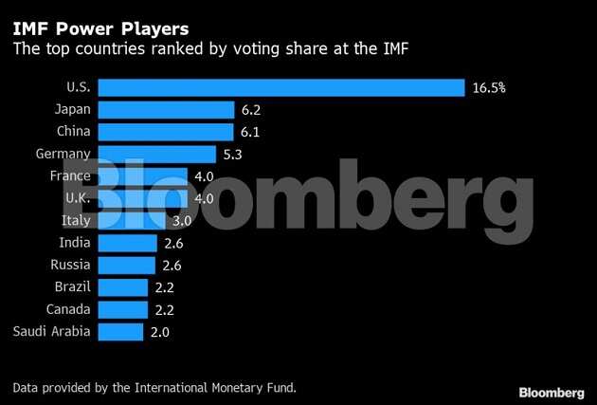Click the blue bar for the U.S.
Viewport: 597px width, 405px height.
[281, 87]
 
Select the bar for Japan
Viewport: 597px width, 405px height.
[166, 109]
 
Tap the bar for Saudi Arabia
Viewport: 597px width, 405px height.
[120, 331]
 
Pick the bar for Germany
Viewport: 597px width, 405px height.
[157, 154]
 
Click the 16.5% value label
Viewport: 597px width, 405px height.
[489, 87]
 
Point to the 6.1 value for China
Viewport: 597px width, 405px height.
[250, 132]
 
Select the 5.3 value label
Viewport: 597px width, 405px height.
[233, 154]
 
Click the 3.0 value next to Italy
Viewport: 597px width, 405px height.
[181, 220]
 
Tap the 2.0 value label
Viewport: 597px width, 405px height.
[159, 331]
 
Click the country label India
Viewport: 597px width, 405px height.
[75, 243]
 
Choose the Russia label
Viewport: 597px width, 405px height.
[71, 265]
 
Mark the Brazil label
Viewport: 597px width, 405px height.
[73, 286]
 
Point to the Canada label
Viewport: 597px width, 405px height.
[69, 309]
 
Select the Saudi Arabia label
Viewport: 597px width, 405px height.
[52, 331]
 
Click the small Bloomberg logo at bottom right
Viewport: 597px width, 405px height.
[552, 392]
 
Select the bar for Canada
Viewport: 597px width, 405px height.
[123, 309]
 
